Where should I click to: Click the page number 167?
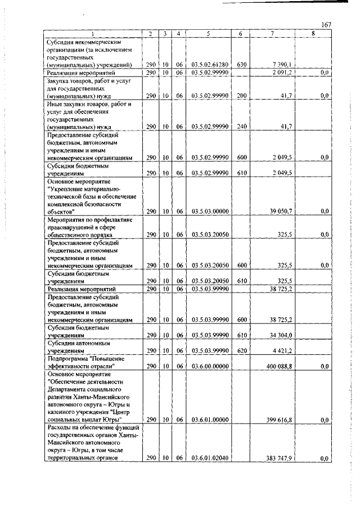click(x=325, y=25)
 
